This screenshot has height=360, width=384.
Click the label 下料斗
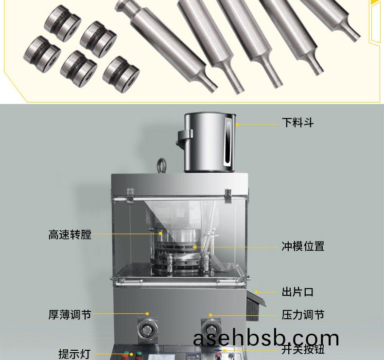click(297, 122)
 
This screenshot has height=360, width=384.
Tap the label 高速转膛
click(70, 235)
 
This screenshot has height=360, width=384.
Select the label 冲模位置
click(303, 246)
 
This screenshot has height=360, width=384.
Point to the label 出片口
click(297, 292)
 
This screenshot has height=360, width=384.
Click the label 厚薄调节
click(70, 314)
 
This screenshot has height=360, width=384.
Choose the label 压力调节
click(303, 314)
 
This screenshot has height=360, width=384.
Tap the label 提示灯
click(74, 354)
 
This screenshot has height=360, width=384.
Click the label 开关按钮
click(303, 349)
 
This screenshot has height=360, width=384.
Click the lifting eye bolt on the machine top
click(162, 166)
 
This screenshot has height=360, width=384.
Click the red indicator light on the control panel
click(126, 354)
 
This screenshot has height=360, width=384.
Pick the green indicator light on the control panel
click(139, 354)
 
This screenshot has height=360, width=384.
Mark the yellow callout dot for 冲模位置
click(195, 247)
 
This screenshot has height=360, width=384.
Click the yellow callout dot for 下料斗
click(237, 124)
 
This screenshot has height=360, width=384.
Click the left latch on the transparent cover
click(130, 195)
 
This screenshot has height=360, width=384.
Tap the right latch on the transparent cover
click(228, 195)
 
